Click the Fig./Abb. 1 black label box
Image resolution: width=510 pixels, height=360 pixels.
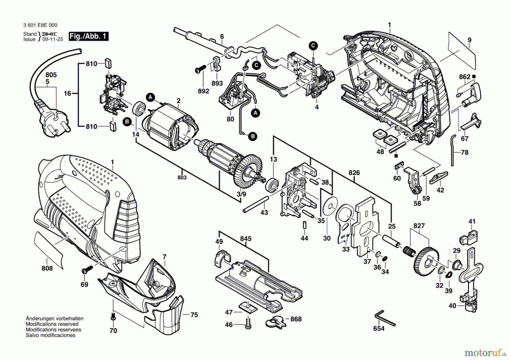coord(89,36)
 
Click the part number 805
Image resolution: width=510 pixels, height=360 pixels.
coord(51,75)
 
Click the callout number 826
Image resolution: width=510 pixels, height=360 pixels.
coord(354,173)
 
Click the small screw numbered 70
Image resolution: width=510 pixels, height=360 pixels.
coord(113,317)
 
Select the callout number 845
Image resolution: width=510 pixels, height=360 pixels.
coord(246,239)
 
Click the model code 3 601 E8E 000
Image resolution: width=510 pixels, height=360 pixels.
coord(40,25)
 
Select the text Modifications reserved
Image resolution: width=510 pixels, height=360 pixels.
coord(52,324)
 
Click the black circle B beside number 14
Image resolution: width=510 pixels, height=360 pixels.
coord(127,122)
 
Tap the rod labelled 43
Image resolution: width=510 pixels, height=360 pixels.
coord(255,204)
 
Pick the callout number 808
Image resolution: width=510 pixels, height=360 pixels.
coord(47,268)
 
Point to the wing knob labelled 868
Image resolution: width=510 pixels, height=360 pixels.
coord(276,321)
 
